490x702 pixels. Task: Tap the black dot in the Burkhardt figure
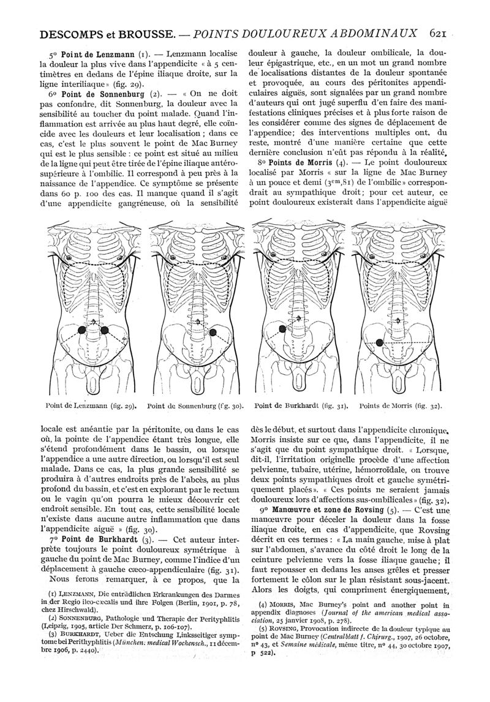[282, 329]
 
